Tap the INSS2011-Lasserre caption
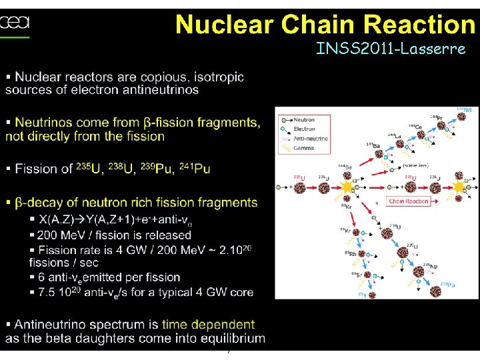(391, 49)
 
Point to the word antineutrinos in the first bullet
(160, 90)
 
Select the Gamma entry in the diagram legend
(302, 147)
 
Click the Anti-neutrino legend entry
(307, 138)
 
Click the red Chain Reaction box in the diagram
(408, 201)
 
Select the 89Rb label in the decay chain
(350, 253)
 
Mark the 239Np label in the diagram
(432, 266)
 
